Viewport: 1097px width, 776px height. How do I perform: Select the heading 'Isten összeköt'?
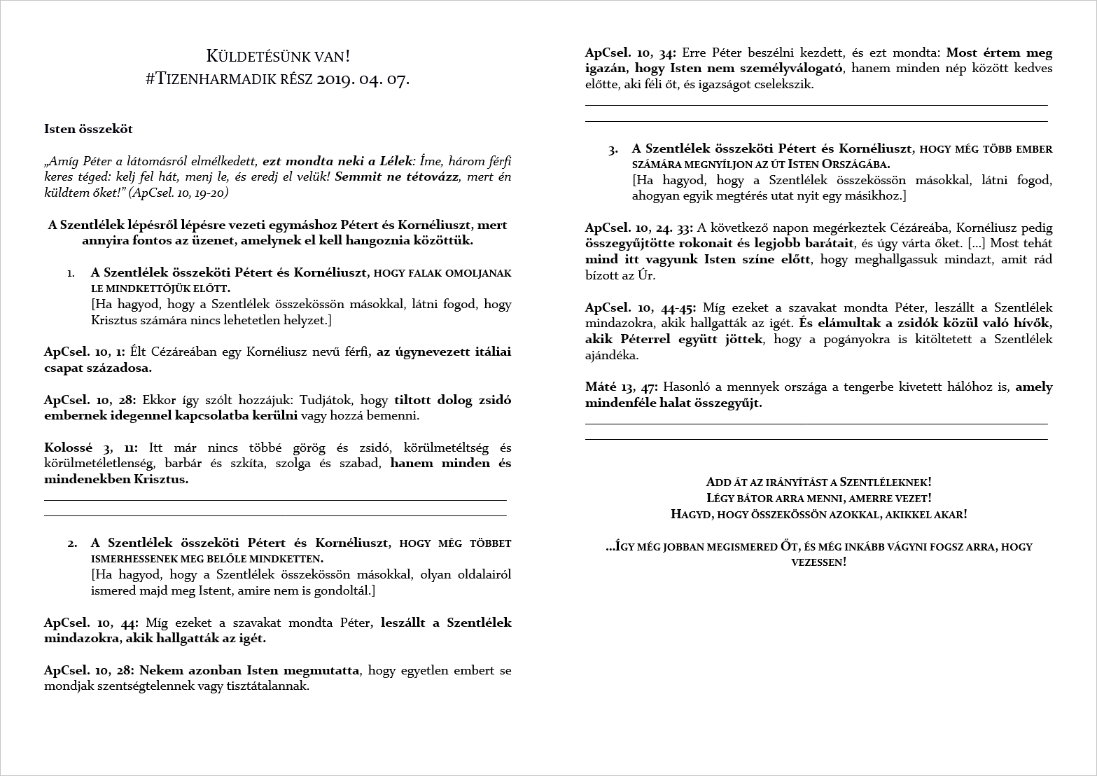[x=88, y=129]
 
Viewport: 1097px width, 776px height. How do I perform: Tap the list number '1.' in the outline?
[x=71, y=273]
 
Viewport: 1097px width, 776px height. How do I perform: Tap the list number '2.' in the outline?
[x=72, y=543]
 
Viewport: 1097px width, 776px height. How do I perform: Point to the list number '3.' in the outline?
[x=613, y=149]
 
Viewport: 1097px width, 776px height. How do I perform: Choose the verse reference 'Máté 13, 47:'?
[x=622, y=387]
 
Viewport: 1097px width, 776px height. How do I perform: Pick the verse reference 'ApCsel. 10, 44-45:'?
[x=641, y=307]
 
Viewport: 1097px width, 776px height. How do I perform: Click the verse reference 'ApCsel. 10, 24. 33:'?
[x=639, y=228]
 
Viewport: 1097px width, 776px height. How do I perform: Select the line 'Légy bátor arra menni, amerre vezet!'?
[x=819, y=499]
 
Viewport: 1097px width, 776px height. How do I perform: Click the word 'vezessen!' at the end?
[x=818, y=562]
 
